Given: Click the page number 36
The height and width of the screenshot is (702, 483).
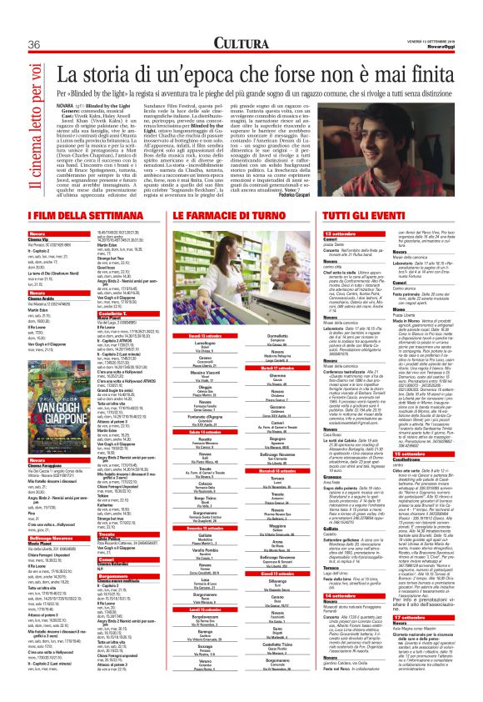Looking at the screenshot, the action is click(35, 43).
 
